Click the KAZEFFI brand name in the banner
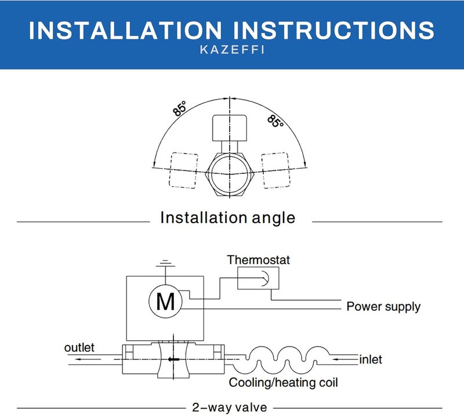[232, 50]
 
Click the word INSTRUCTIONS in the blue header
[334, 30]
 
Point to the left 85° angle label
[180, 108]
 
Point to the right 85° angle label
[275, 121]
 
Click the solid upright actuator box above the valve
[230, 128]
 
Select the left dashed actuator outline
[183, 170]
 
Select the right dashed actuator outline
[275, 170]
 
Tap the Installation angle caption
[227, 218]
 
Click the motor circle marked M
[165, 301]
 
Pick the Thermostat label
[258, 260]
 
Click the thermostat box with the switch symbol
[258, 278]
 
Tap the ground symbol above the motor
[165, 263]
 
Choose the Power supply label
[383, 307]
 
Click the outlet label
[79, 348]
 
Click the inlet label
[371, 359]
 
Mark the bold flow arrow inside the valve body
[173, 359]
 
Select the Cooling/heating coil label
[283, 383]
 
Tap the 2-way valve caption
[230, 407]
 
